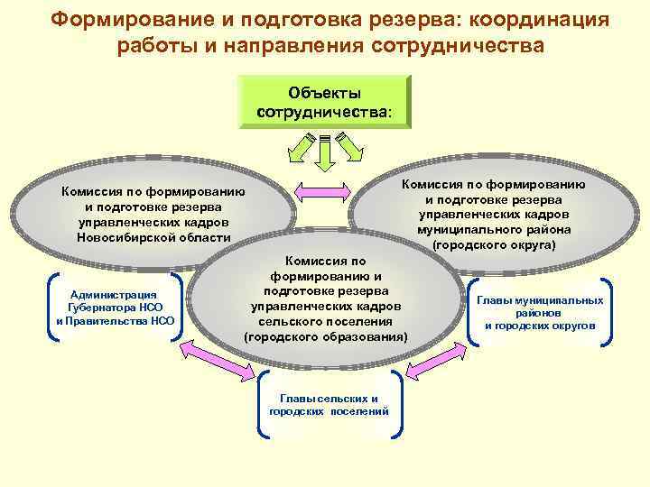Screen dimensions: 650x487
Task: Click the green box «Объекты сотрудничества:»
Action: pyautogui.click(x=325, y=103)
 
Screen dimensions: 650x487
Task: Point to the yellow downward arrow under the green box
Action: pyautogui.click(x=325, y=152)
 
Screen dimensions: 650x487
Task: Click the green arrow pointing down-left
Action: pyautogui.click(x=302, y=143)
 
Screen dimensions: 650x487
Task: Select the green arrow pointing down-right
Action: pyautogui.click(x=349, y=143)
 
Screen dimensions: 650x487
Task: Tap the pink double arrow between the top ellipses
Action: pyautogui.click(x=322, y=189)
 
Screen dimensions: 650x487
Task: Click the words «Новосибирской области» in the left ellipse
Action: pyautogui.click(x=153, y=238)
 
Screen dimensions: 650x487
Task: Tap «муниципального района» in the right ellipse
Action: pyautogui.click(x=493, y=229)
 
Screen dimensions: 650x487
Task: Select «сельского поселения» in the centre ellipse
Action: pyautogui.click(x=325, y=321)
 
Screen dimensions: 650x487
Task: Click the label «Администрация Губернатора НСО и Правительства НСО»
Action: pyautogui.click(x=115, y=308)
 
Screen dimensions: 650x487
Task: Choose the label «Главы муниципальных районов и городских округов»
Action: pyautogui.click(x=540, y=312)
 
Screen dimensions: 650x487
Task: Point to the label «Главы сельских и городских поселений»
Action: pyautogui.click(x=329, y=404)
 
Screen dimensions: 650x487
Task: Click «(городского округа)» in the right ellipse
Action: pyautogui.click(x=493, y=244)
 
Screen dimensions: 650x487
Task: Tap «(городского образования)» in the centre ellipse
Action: pyautogui.click(x=325, y=335)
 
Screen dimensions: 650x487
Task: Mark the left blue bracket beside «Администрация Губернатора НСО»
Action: pyautogui.click(x=50, y=308)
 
